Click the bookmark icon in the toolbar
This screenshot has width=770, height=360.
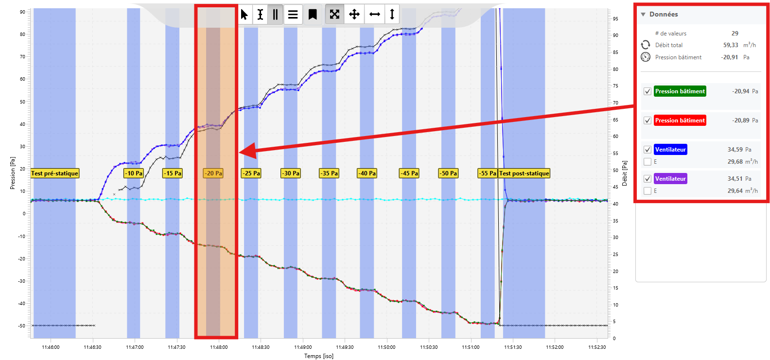pyautogui.click(x=313, y=15)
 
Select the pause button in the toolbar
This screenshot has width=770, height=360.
pyautogui.click(x=275, y=15)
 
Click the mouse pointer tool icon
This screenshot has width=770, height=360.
pyautogui.click(x=245, y=15)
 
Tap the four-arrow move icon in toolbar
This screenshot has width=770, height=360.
pyautogui.click(x=354, y=15)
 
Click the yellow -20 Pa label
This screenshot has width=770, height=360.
pyautogui.click(x=213, y=173)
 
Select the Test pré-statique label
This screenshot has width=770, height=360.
pyautogui.click(x=54, y=173)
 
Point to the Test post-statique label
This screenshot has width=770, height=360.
pyautogui.click(x=524, y=173)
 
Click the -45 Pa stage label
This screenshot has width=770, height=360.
pyautogui.click(x=409, y=173)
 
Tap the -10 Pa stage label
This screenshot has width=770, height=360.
pyautogui.click(x=134, y=173)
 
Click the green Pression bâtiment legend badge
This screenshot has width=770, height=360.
pyautogui.click(x=680, y=91)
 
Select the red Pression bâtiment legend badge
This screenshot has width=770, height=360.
pyautogui.click(x=680, y=120)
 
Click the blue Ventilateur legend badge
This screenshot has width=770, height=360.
pyautogui.click(x=670, y=150)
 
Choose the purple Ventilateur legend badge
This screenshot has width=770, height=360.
pyautogui.click(x=670, y=179)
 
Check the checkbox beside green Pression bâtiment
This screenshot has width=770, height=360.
pyautogui.click(x=647, y=91)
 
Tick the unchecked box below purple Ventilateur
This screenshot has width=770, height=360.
pyautogui.click(x=647, y=191)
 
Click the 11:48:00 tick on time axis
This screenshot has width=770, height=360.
pyautogui.click(x=219, y=347)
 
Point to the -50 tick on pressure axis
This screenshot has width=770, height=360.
pyautogui.click(x=22, y=326)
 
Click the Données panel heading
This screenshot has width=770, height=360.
pyautogui.click(x=664, y=15)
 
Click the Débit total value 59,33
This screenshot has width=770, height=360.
pyautogui.click(x=731, y=45)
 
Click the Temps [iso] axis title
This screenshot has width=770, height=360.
pyautogui.click(x=319, y=356)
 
